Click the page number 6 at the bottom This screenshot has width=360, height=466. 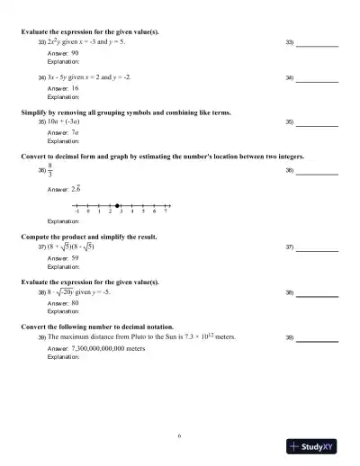[179, 435]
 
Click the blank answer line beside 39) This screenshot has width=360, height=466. [318, 342]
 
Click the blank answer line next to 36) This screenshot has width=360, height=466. [318, 173]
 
